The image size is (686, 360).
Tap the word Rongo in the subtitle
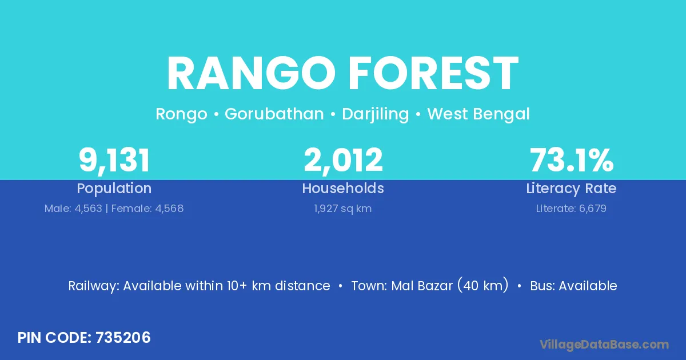click(x=181, y=114)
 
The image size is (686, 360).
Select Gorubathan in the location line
click(x=274, y=114)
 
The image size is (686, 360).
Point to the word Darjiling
click(x=376, y=114)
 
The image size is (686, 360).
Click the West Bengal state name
click(x=478, y=114)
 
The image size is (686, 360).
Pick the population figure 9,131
click(x=114, y=161)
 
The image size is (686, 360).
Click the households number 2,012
click(x=343, y=161)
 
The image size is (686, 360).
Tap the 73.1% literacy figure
click(x=572, y=160)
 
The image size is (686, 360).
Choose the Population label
click(x=114, y=189)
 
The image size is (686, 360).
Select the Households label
click(x=343, y=188)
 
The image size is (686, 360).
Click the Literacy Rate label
click(x=571, y=189)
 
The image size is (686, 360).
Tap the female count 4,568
click(x=169, y=209)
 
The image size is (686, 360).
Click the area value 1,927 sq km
click(x=342, y=209)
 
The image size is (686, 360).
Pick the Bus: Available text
click(x=573, y=286)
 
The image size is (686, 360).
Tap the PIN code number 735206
click(x=123, y=338)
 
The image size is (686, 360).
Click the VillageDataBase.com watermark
click(x=604, y=345)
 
